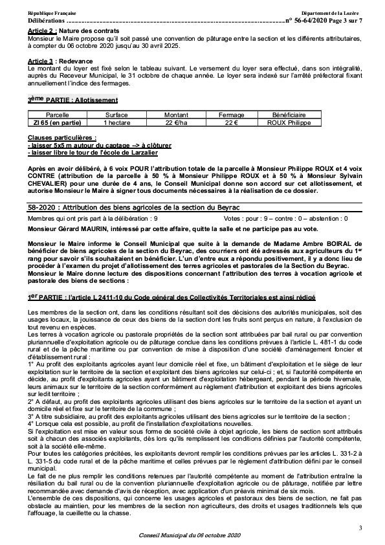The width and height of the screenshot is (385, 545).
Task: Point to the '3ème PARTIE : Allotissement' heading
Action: (72, 100)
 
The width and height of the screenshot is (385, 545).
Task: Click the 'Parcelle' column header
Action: (57, 113)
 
